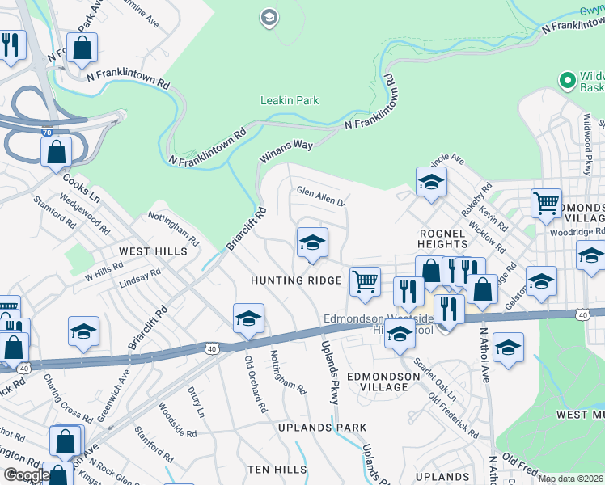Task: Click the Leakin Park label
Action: [x=289, y=101]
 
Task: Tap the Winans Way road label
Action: [x=286, y=150]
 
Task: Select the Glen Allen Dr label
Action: [x=320, y=195]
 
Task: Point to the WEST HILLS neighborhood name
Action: [x=154, y=251]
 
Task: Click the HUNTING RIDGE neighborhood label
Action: [x=296, y=280]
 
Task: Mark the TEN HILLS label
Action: [x=277, y=470]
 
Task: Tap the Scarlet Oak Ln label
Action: [x=435, y=378]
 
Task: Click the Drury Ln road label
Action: [x=196, y=402]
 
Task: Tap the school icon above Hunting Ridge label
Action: [x=312, y=242]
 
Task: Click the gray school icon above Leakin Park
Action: [x=269, y=17]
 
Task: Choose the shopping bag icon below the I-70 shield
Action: [x=56, y=151]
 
